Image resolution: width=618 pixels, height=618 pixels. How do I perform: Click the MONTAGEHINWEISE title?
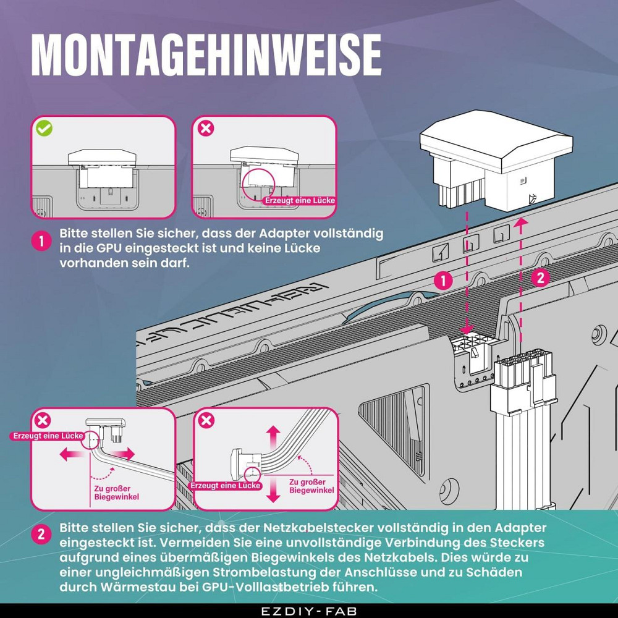click(206, 55)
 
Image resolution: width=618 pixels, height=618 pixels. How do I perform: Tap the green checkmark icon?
click(44, 129)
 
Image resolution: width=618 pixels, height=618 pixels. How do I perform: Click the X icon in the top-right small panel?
click(206, 129)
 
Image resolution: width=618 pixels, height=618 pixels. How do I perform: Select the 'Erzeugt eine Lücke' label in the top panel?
click(300, 201)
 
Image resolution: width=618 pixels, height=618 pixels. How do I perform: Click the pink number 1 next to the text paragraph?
click(41, 241)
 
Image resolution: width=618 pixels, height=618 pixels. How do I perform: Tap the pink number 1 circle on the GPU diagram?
click(443, 281)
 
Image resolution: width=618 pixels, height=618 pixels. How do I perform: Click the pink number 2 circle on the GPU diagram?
click(540, 278)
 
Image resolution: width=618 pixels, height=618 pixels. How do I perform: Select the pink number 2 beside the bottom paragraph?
click(41, 535)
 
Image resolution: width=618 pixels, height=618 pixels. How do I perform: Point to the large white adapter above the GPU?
click(496, 158)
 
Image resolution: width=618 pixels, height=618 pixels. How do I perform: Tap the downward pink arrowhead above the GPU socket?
click(467, 329)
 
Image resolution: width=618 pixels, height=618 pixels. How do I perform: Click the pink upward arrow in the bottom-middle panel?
click(273, 439)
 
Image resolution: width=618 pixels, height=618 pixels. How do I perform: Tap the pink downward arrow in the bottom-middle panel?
click(273, 489)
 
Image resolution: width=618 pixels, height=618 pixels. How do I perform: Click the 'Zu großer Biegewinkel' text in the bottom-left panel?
click(116, 493)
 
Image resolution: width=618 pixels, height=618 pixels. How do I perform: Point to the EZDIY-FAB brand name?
click(308, 611)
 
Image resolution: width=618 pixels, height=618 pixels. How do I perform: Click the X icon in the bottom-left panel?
click(43, 420)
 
